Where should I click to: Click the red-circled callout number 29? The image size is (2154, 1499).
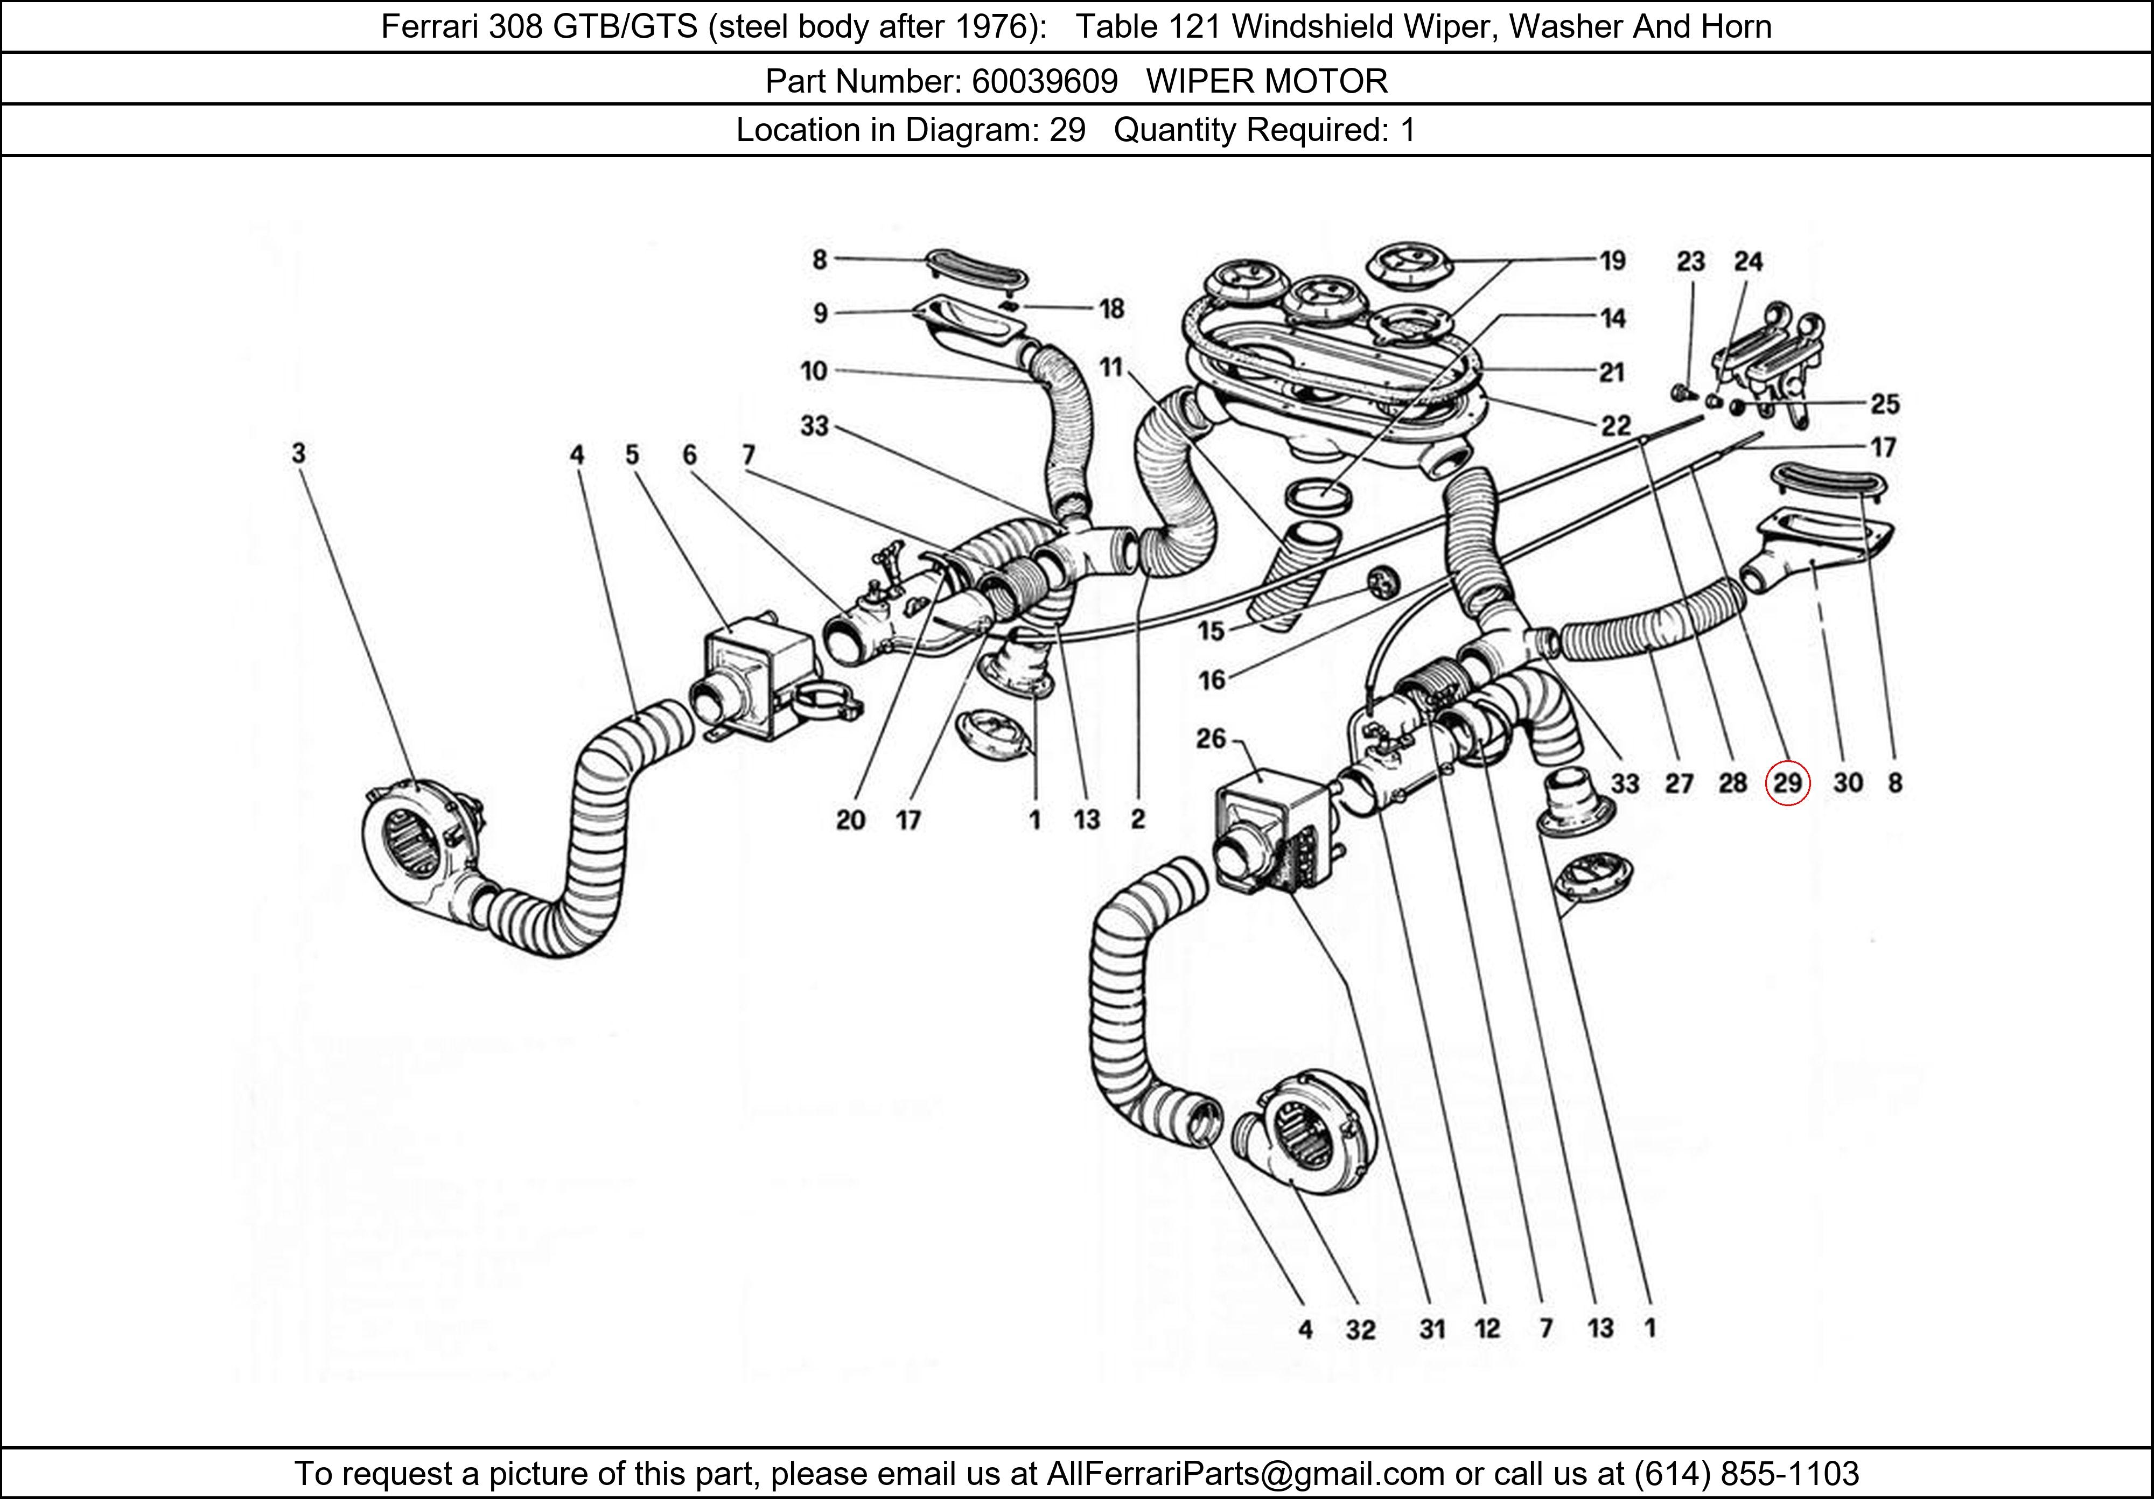tap(1787, 783)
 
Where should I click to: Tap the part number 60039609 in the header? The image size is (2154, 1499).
tap(1044, 82)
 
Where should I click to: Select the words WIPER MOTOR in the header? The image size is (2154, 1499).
tap(1267, 82)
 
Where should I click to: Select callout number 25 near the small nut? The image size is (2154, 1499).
tap(1885, 404)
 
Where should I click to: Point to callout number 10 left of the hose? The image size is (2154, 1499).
tap(813, 372)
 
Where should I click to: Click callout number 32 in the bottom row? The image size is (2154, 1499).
tap(1360, 1329)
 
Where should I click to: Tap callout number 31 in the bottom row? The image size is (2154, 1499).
tap(1432, 1329)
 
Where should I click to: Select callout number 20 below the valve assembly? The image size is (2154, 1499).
tap(850, 821)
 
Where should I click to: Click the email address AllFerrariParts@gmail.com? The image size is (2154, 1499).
tap(1245, 1474)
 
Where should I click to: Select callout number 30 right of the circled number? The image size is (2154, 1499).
tap(1847, 783)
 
